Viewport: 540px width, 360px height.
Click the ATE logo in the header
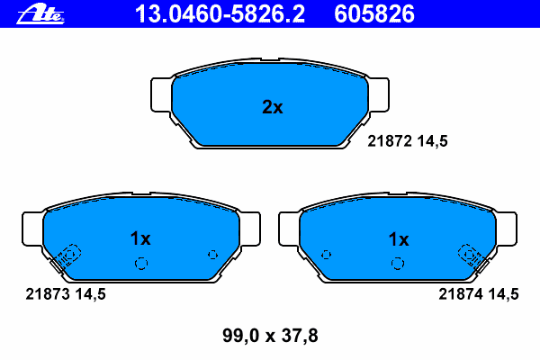click(40, 14)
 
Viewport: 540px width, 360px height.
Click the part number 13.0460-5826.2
click(220, 14)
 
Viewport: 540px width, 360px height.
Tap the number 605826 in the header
click(374, 14)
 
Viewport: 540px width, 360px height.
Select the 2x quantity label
click(273, 107)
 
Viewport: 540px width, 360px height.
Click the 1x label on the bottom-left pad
click(140, 238)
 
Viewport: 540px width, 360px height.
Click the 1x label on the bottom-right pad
click(399, 239)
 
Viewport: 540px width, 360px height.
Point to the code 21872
click(390, 141)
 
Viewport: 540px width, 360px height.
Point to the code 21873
click(48, 294)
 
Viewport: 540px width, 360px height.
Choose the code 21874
click(461, 294)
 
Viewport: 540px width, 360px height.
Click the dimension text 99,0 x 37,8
click(270, 336)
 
